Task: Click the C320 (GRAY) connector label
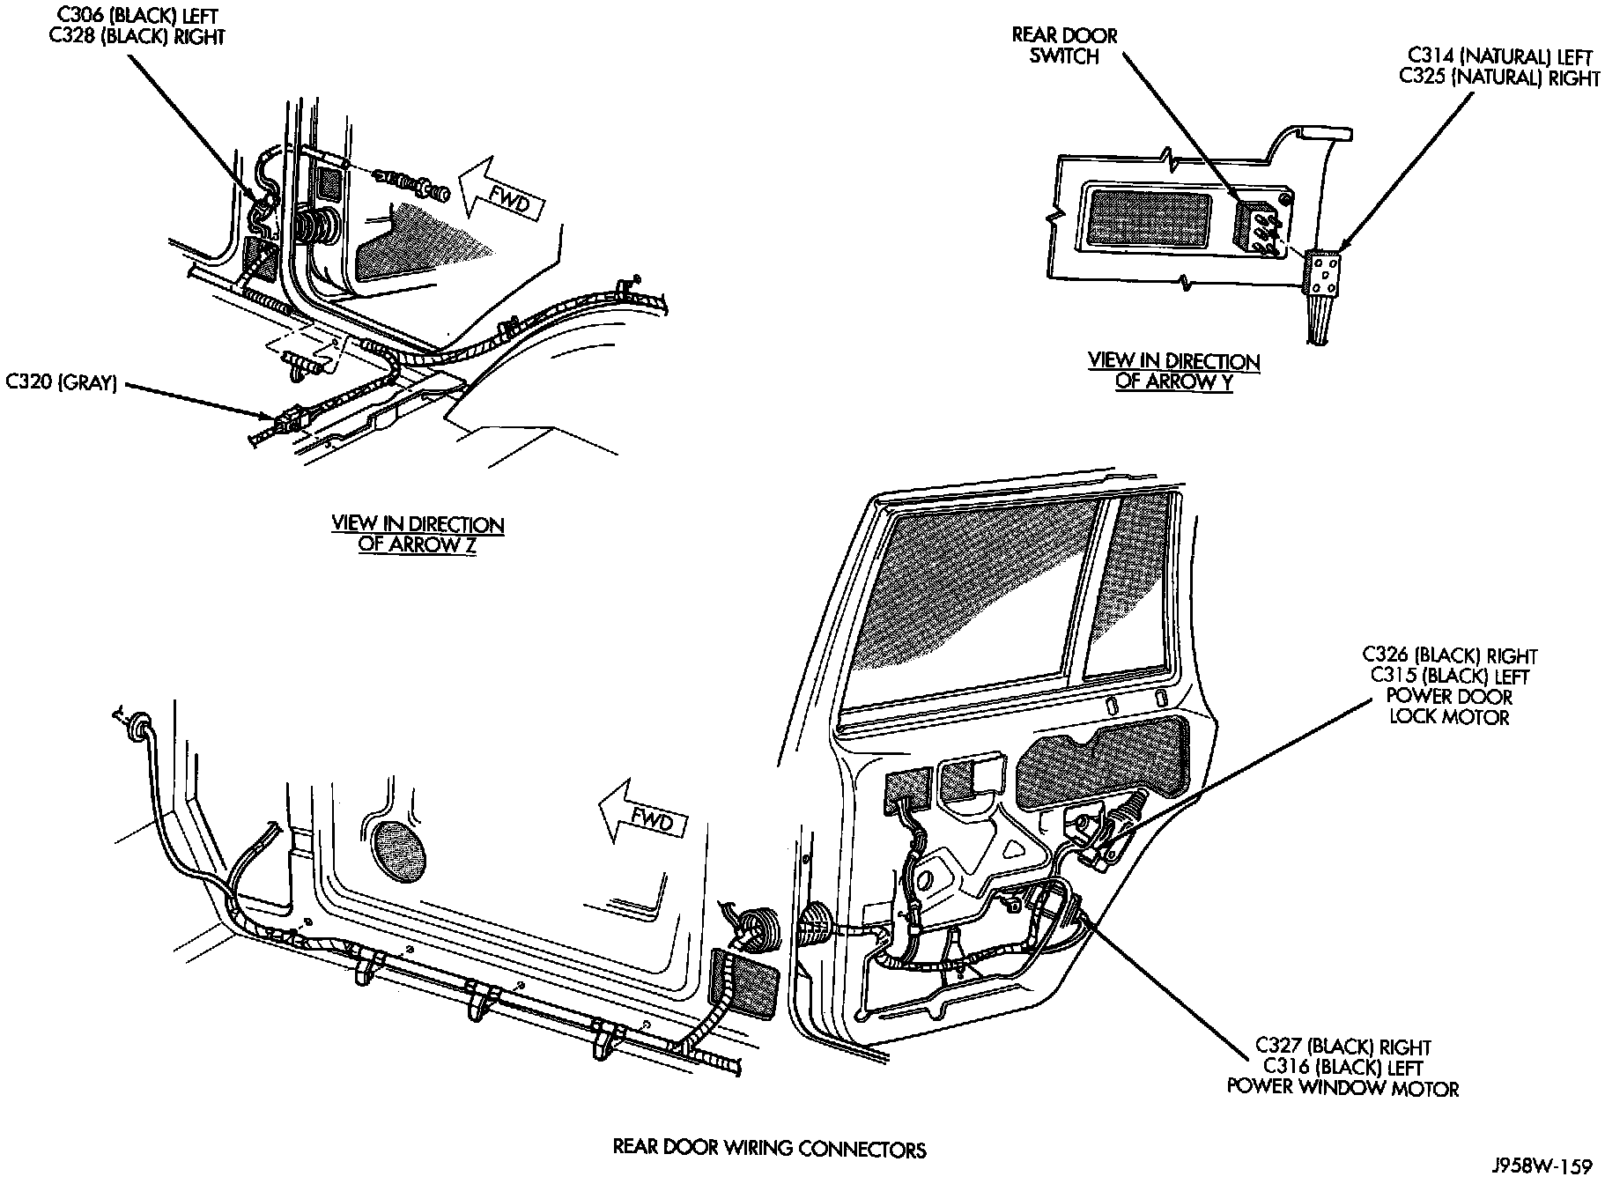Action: coord(62,383)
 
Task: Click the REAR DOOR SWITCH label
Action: coord(1064,46)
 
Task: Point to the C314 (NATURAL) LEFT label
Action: coord(1499,57)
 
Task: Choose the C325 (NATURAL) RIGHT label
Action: coord(1499,78)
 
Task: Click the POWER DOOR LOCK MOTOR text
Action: coord(1449,707)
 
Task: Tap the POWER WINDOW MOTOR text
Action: coord(1342,1089)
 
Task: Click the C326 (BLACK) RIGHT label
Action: coord(1449,656)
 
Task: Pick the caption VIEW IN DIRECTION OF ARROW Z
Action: coord(418,534)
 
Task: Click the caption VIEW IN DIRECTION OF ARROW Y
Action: coord(1173,371)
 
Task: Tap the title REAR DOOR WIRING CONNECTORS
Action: coord(769,1149)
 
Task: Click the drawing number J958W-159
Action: coord(1542,1167)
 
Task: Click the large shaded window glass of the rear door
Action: coord(978,608)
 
